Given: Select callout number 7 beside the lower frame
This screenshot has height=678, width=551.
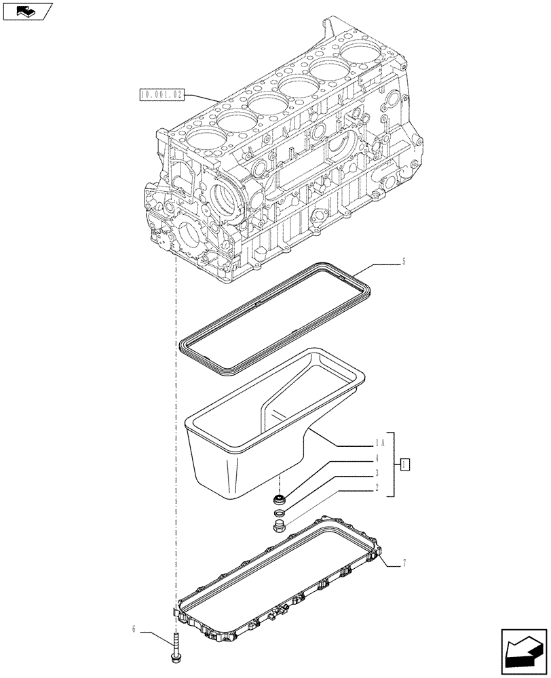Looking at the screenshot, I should click(404, 563).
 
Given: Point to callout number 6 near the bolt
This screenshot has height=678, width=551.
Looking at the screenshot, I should click(134, 630).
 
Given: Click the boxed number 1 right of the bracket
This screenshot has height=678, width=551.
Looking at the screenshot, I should click(404, 465).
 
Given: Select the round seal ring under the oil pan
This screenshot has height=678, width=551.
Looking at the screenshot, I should click(278, 501).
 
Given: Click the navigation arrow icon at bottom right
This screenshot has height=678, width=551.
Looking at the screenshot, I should click(524, 650).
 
